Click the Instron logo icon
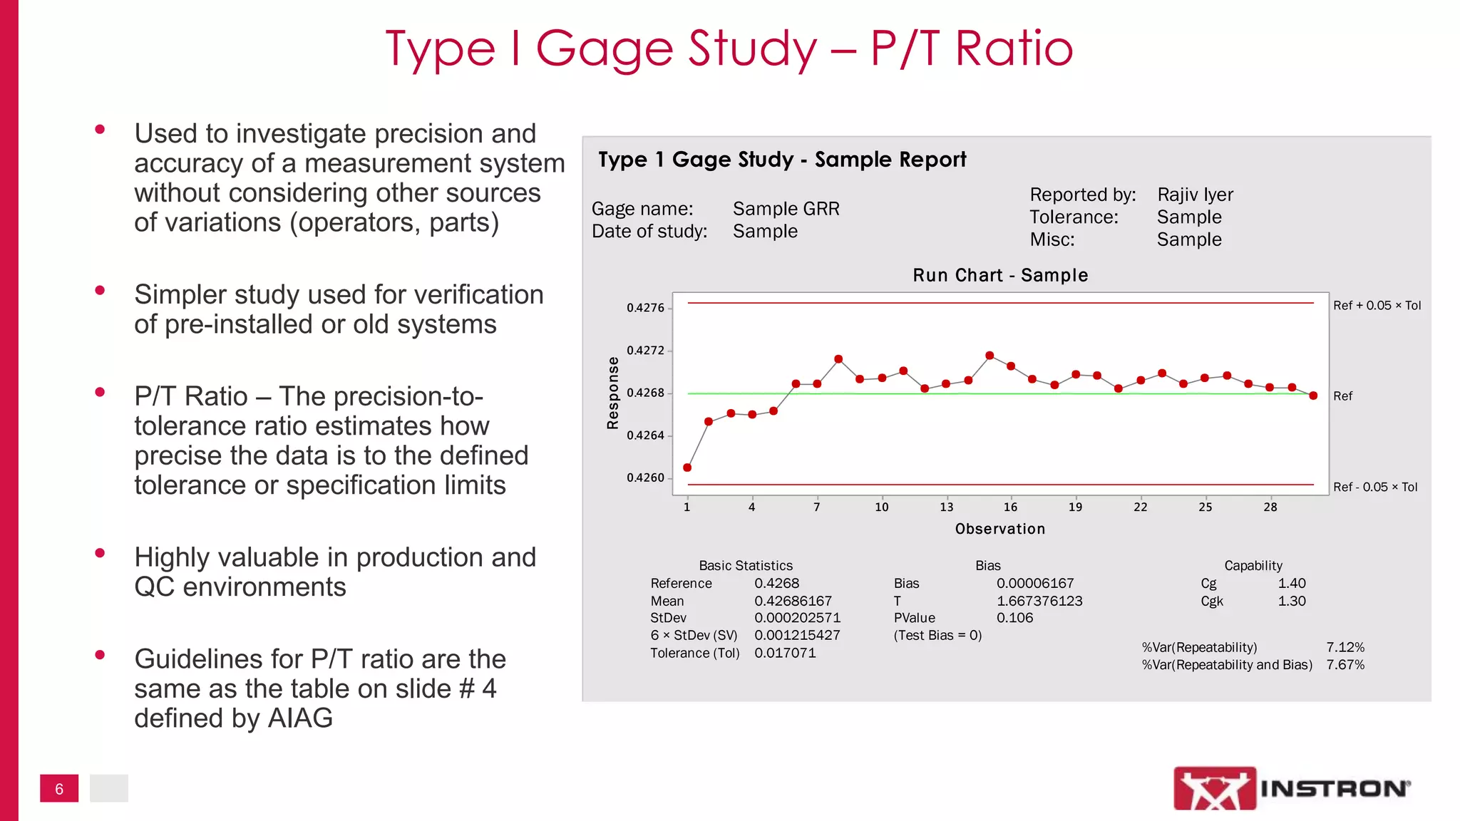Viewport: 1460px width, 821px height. click(x=1215, y=788)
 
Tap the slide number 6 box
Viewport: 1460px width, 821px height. click(x=59, y=788)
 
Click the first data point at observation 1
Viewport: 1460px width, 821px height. click(x=687, y=468)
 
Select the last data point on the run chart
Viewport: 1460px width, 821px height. click(x=1313, y=396)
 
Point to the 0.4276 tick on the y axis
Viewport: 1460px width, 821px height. click(x=645, y=308)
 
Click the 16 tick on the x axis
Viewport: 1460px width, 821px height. click(x=1010, y=507)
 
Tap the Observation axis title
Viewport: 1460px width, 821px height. click(x=999, y=529)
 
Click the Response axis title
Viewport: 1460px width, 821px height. click(x=612, y=393)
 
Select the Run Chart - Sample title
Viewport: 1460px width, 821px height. click(x=1000, y=275)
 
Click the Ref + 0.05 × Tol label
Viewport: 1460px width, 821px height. click(x=1377, y=306)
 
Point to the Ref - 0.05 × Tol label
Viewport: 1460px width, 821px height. click(x=1375, y=487)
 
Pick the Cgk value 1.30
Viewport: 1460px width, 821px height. click(x=1291, y=601)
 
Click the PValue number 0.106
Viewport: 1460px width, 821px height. click(x=1014, y=618)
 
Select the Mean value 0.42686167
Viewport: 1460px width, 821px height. click(x=793, y=601)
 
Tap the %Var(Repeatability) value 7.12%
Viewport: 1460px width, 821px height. click(x=1345, y=647)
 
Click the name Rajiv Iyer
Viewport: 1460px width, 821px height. click(x=1195, y=195)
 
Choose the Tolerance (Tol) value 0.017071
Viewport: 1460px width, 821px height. click(x=785, y=653)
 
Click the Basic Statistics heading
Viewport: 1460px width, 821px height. click(x=746, y=565)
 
